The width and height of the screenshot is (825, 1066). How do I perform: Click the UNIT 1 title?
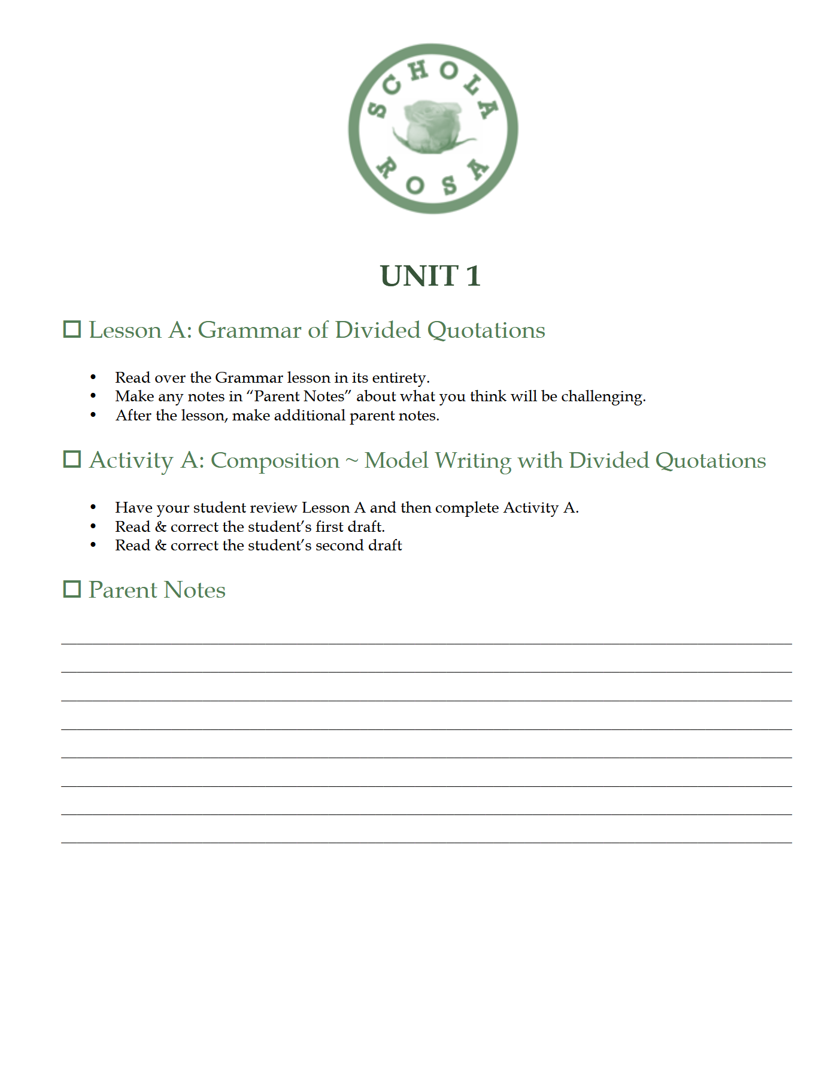click(x=430, y=276)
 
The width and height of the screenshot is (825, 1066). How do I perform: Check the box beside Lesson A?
click(x=72, y=329)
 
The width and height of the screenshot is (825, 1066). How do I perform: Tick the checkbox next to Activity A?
click(x=72, y=459)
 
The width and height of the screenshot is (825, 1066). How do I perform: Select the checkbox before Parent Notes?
click(x=72, y=589)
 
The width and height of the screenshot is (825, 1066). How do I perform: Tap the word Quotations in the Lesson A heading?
click(x=486, y=331)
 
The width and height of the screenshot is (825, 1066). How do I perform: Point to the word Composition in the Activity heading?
click(x=275, y=461)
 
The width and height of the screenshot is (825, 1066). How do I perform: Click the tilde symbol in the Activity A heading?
click(x=352, y=461)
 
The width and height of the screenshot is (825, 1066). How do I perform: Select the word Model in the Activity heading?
click(x=396, y=461)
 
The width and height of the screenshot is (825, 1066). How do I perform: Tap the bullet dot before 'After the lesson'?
click(x=93, y=415)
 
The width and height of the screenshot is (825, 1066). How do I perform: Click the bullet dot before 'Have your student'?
click(x=93, y=507)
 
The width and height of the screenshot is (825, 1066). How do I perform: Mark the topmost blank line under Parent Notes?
click(x=426, y=643)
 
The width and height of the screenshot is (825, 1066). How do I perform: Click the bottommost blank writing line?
click(x=426, y=842)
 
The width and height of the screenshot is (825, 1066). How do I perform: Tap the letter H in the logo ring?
click(x=418, y=71)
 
